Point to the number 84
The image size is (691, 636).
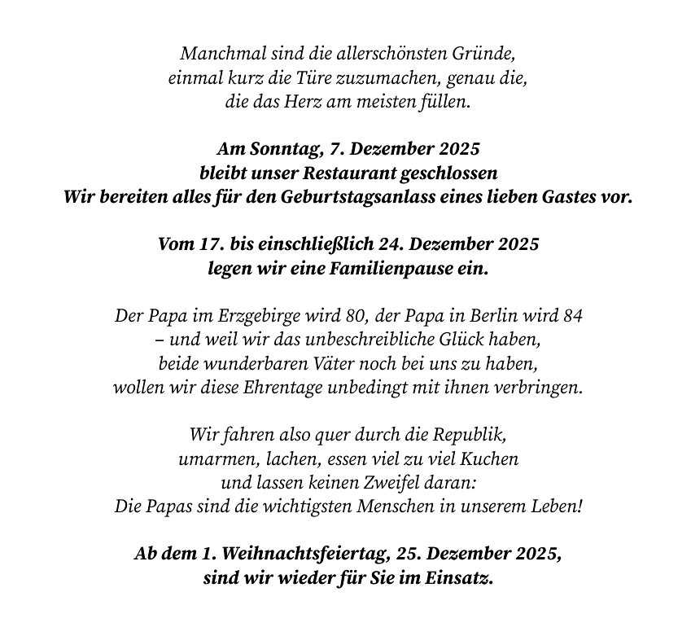pos(575,316)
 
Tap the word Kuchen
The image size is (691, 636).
pos(491,458)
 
